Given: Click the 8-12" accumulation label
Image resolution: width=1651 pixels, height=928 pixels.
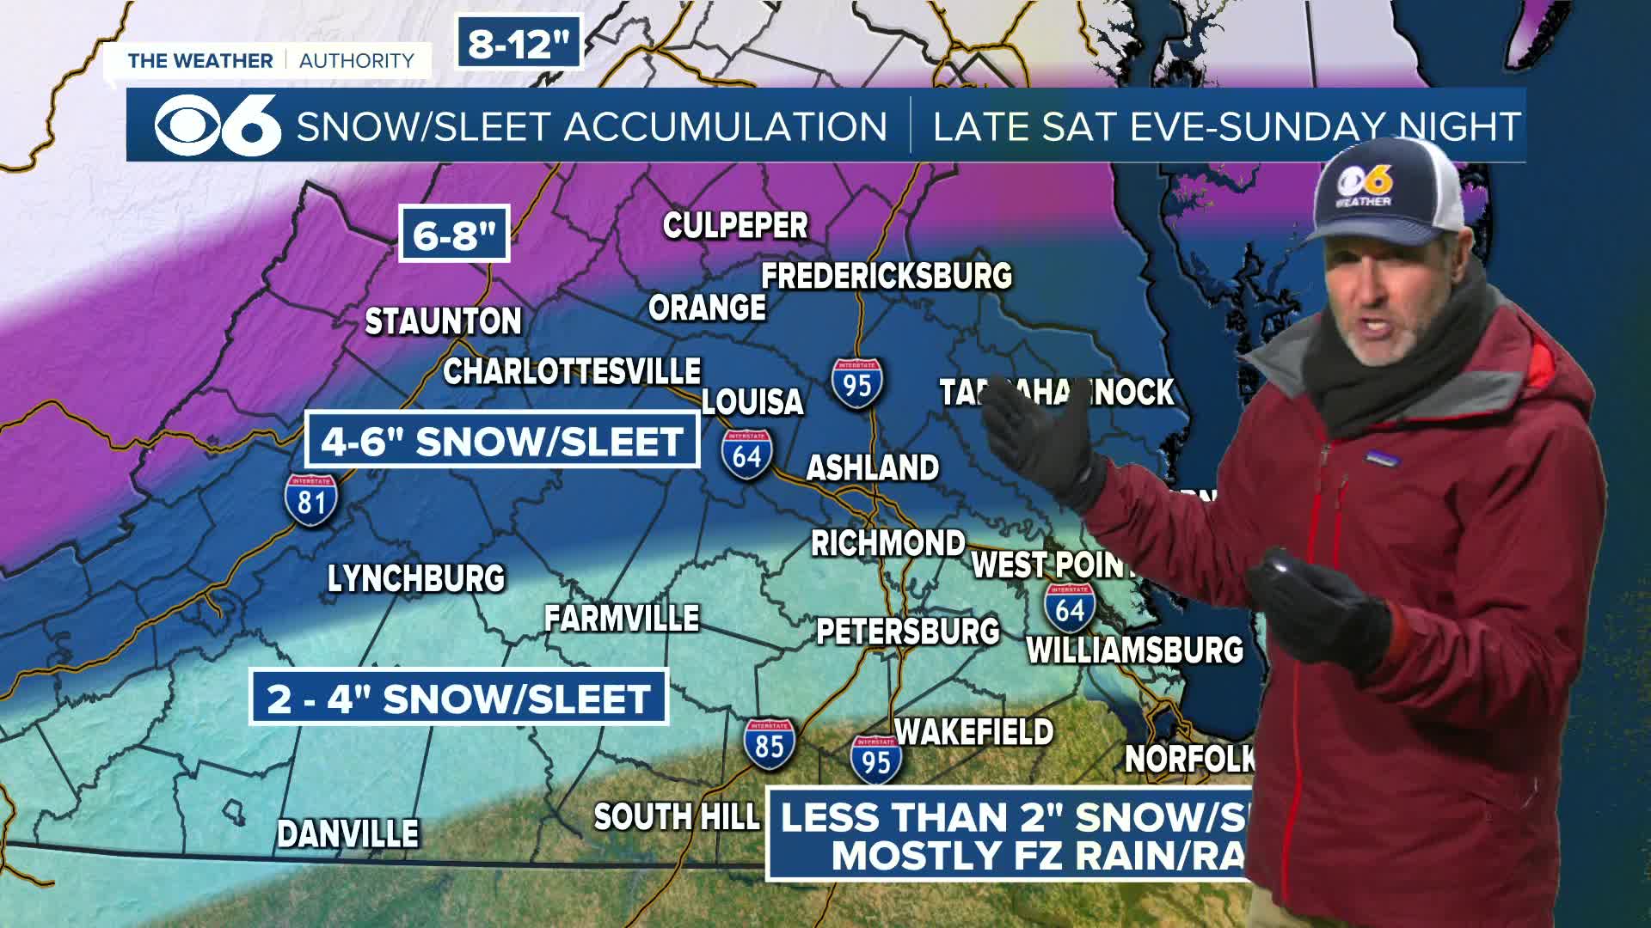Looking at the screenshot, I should click(519, 44).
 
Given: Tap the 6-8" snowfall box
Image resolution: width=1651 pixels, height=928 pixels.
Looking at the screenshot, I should click(454, 233).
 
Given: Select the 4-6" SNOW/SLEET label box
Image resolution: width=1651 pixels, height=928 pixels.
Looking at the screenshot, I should click(501, 441).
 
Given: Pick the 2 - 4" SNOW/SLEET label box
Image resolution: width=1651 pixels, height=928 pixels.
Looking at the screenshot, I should click(458, 698).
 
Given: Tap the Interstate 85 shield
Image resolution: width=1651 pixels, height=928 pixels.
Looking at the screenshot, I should click(769, 744).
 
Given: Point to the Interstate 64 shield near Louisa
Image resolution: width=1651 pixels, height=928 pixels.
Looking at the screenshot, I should click(746, 454).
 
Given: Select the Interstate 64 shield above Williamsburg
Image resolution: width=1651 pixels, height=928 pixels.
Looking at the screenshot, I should click(1070, 607).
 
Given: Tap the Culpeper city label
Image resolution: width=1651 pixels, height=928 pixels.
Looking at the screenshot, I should click(735, 226).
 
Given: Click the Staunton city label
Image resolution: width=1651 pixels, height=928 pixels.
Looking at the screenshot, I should click(443, 322).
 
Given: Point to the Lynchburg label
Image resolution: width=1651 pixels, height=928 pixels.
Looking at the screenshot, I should click(416, 578).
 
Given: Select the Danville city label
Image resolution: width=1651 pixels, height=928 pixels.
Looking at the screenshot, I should click(347, 833).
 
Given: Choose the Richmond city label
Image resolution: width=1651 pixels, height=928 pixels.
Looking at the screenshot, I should click(888, 543).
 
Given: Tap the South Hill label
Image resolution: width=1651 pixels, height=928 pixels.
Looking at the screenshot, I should click(677, 816).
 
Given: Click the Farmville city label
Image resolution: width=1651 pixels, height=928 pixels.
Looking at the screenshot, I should click(622, 619).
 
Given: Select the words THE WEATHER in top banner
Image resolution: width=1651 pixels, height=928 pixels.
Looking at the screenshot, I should click(199, 60).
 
